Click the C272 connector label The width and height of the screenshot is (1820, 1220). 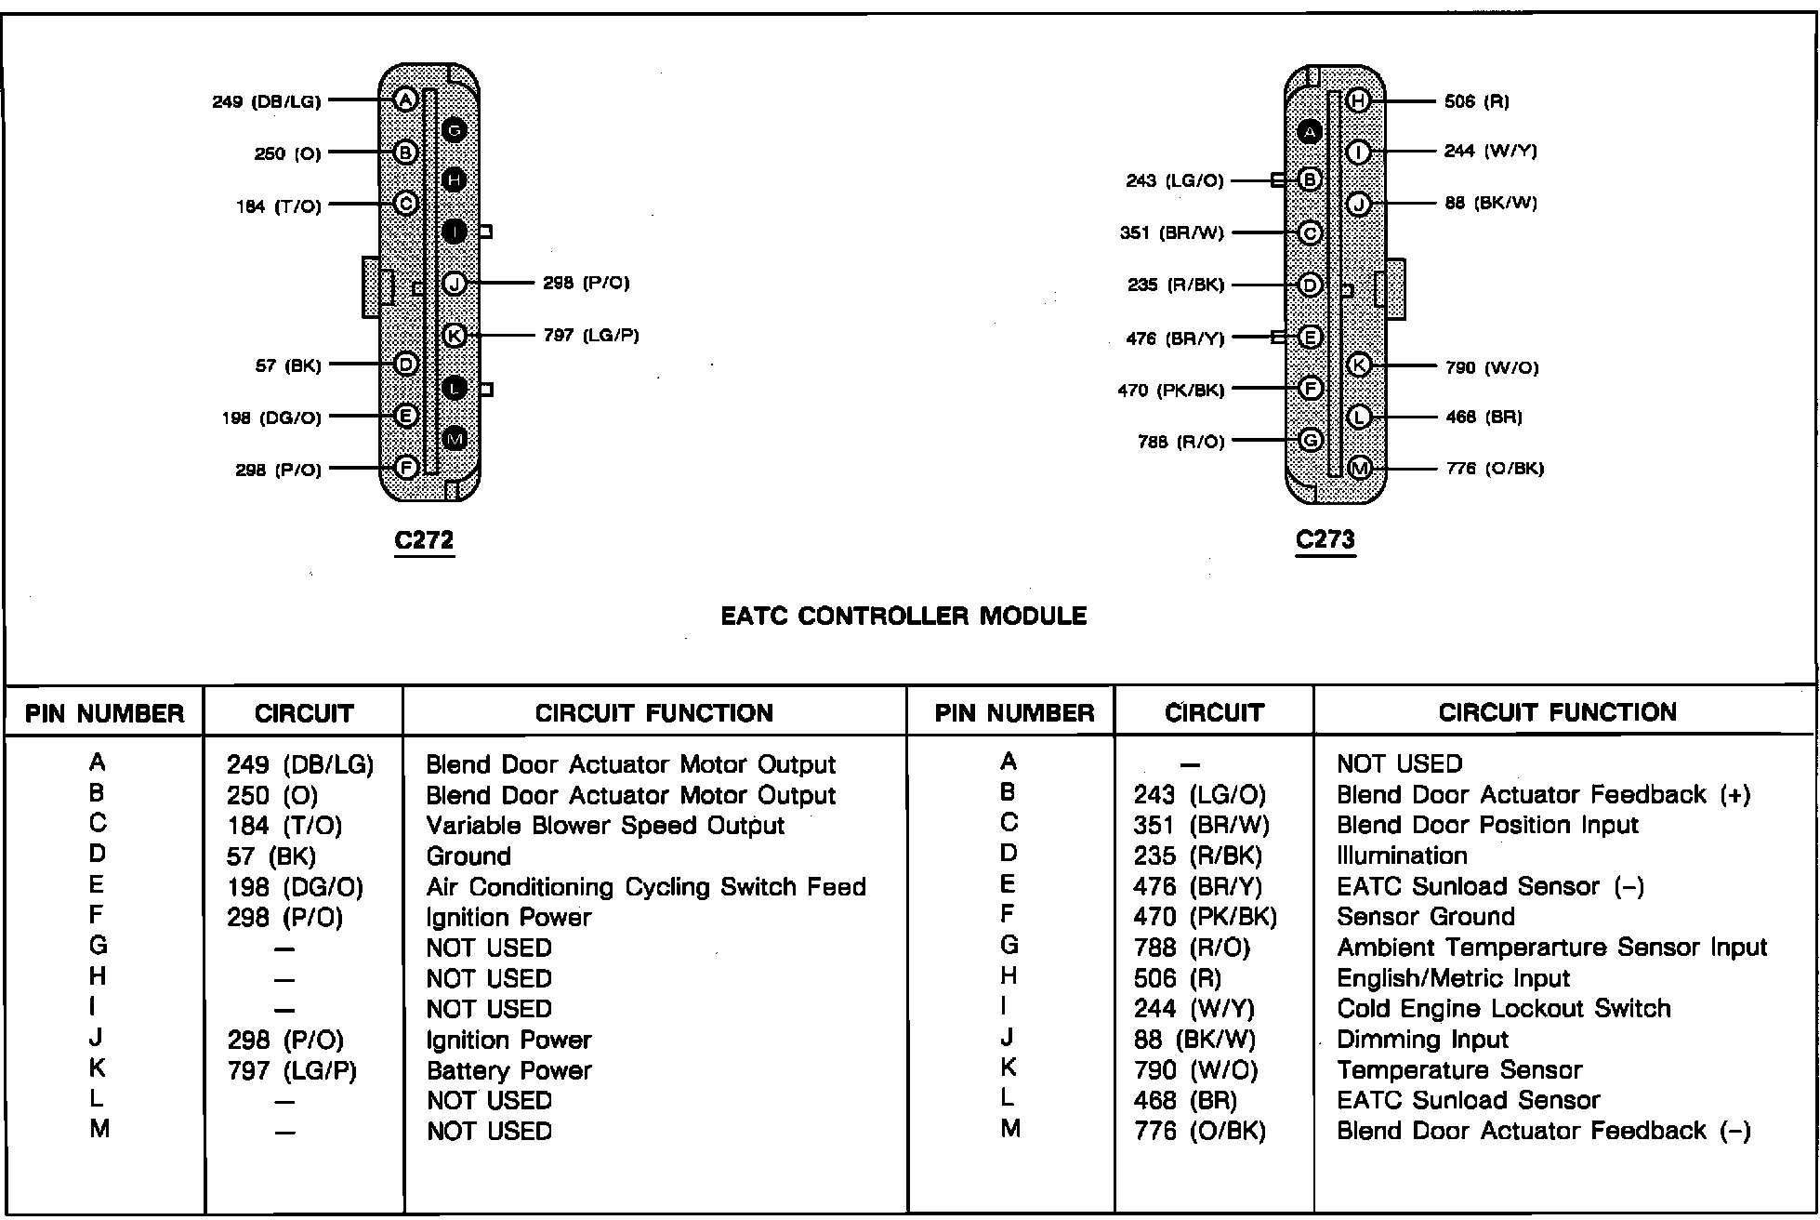(424, 540)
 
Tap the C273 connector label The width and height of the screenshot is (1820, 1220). (1325, 539)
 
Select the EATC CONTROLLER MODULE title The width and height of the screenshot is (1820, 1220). (903, 616)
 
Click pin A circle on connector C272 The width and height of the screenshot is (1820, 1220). (404, 99)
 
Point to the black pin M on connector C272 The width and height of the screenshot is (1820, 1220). (455, 438)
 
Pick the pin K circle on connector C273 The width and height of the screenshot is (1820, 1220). (1359, 365)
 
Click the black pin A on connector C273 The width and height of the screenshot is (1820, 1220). (1310, 132)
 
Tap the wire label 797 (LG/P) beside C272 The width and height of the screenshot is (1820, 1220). (591, 335)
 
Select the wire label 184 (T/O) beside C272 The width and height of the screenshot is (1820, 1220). (279, 206)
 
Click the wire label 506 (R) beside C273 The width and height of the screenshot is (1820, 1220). (1477, 101)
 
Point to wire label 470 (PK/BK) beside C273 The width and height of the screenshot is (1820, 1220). (1171, 391)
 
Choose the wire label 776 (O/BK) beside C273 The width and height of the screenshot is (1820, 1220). (1495, 469)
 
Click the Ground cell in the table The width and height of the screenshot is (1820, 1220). (468, 856)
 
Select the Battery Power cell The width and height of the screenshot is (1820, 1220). (508, 1070)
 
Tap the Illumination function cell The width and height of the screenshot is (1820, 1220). (1402, 855)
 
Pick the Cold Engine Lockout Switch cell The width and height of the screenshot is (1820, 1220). (1503, 1009)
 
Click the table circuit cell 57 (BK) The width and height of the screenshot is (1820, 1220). (271, 856)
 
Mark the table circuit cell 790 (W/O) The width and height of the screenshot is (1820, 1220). (1195, 1070)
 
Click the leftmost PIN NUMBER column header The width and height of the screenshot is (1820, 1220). (104, 713)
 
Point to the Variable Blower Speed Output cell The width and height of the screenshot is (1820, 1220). (605, 826)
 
